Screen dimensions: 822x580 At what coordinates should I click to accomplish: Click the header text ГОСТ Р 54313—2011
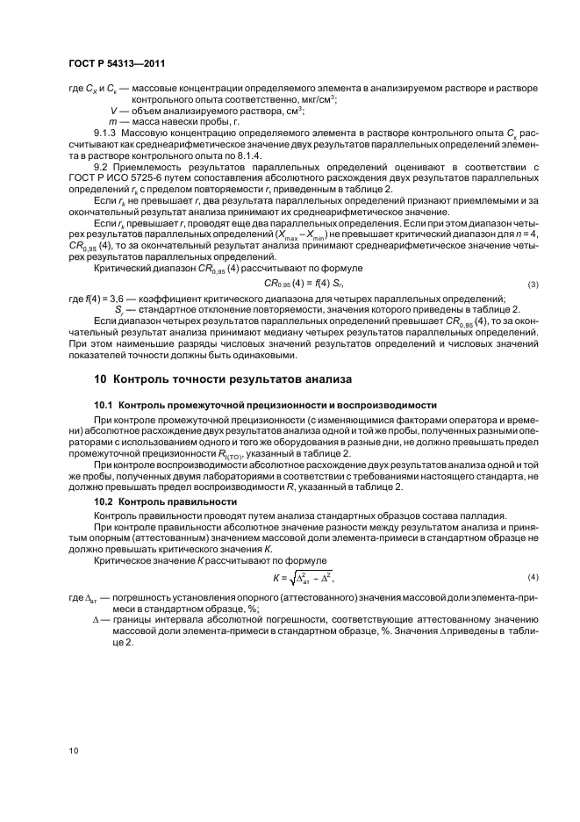point(118,63)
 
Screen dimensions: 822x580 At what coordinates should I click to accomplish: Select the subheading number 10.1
point(104,405)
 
